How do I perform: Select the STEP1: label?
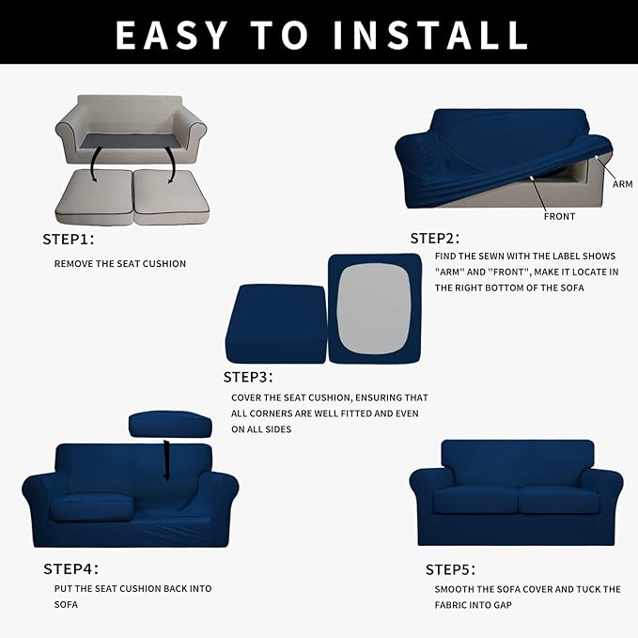pyautogui.click(x=68, y=239)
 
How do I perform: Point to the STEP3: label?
pyautogui.click(x=248, y=377)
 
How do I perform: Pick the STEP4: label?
pyautogui.click(x=70, y=568)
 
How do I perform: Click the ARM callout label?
pyautogui.click(x=622, y=184)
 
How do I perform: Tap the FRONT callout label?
pyautogui.click(x=559, y=216)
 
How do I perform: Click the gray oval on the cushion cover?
pyautogui.click(x=374, y=306)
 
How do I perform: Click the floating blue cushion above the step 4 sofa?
pyautogui.click(x=170, y=424)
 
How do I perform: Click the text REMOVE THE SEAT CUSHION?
pyautogui.click(x=120, y=264)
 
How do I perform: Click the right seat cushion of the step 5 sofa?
pyautogui.click(x=557, y=498)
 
